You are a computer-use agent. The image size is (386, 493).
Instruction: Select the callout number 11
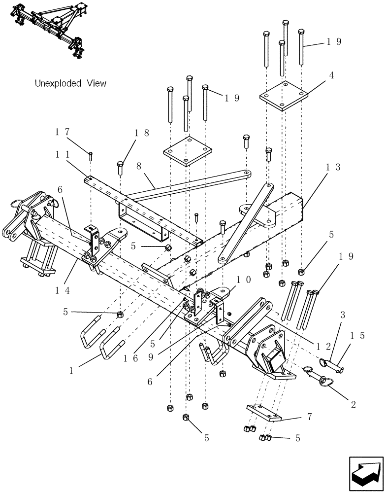[x=62, y=154]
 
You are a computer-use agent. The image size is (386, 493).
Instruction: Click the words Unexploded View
[x=70, y=83]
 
